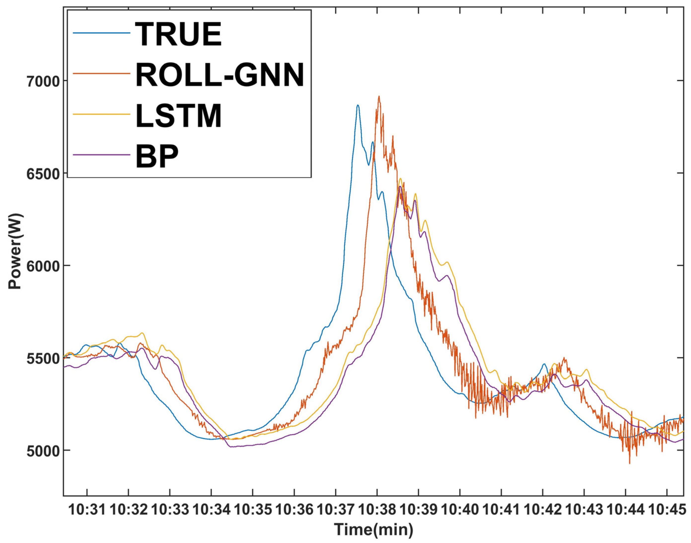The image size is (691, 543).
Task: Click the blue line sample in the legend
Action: (x=101, y=33)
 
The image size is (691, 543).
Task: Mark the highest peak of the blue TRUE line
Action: (x=358, y=106)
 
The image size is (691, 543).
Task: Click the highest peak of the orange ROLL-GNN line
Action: (x=379, y=96)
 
